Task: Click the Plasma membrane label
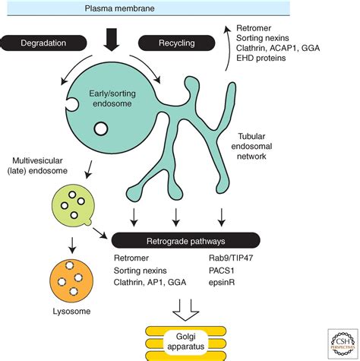(119, 8)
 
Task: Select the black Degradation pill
(43, 43)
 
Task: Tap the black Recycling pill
(177, 43)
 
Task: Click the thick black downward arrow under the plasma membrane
(111, 40)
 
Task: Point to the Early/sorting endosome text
(112, 98)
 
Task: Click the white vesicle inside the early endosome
(101, 128)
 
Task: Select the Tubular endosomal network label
(251, 146)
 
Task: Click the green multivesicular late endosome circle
(73, 205)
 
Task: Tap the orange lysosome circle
(71, 280)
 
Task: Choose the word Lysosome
(71, 312)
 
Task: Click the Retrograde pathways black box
(186, 241)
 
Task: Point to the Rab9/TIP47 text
(231, 258)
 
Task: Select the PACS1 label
(222, 271)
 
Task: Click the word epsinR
(222, 283)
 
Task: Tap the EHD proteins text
(261, 58)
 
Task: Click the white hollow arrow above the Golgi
(186, 310)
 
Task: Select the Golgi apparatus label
(186, 341)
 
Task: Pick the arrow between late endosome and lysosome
(72, 245)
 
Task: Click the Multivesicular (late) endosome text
(37, 166)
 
